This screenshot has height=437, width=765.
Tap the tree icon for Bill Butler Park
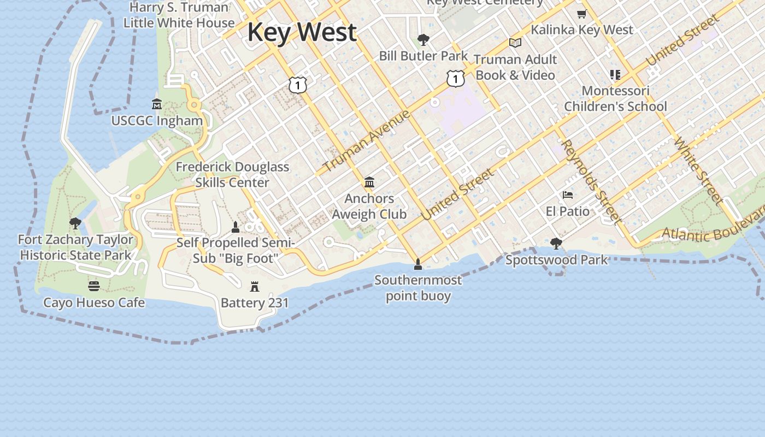pyautogui.click(x=423, y=39)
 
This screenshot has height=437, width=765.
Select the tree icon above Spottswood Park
pyautogui.click(x=556, y=243)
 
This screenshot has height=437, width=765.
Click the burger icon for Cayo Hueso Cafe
pyautogui.click(x=94, y=286)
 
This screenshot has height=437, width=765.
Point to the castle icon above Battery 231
pyautogui.click(x=254, y=286)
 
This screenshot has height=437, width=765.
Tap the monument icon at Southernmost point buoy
pyautogui.click(x=418, y=264)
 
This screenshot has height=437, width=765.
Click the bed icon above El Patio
pyautogui.click(x=568, y=195)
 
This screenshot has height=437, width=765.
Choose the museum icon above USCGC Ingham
pyautogui.click(x=157, y=104)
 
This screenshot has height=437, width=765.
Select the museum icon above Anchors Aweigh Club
pyautogui.click(x=369, y=182)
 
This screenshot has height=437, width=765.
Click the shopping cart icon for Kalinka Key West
pyautogui.click(x=582, y=14)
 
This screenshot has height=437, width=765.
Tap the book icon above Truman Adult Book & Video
pyautogui.click(x=515, y=43)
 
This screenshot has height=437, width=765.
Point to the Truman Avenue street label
pyautogui.click(x=367, y=141)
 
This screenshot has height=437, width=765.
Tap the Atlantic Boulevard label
pyautogui.click(x=713, y=229)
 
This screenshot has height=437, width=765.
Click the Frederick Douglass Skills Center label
pyautogui.click(x=232, y=174)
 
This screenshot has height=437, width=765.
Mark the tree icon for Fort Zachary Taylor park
pyautogui.click(x=75, y=223)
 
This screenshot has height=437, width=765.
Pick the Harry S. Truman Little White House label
pyautogui.click(x=179, y=15)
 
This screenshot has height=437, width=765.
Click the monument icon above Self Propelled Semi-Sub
pyautogui.click(x=236, y=227)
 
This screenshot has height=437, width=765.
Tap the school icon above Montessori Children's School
pyautogui.click(x=615, y=75)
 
